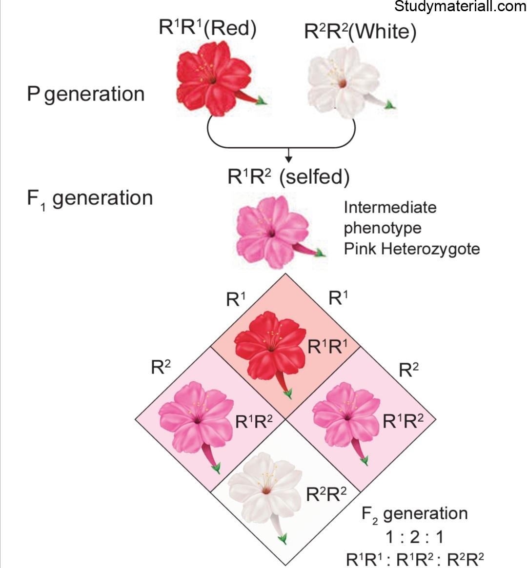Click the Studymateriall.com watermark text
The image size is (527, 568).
click(x=460, y=6)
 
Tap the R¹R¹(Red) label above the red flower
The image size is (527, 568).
click(x=207, y=28)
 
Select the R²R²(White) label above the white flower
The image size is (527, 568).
click(x=360, y=31)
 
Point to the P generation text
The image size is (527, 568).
click(x=86, y=94)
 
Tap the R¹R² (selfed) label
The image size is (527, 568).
click(x=288, y=177)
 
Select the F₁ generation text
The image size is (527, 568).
click(x=90, y=198)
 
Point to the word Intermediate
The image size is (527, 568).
click(x=390, y=207)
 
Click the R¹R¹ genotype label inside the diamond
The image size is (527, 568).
click(x=327, y=347)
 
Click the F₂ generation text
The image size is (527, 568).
click(x=415, y=514)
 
